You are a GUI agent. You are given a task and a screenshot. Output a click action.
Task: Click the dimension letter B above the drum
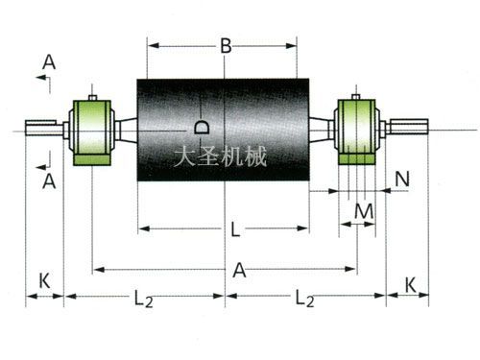(225, 45)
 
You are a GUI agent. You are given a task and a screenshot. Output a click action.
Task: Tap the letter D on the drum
(201, 127)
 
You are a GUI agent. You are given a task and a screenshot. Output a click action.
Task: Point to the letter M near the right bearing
(363, 209)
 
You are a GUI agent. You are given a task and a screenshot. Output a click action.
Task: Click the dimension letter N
(402, 179)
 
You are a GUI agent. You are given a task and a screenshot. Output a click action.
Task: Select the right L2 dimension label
(305, 300)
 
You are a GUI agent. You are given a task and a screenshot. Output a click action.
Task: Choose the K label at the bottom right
(410, 285)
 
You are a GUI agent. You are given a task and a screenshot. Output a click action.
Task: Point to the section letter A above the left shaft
(49, 62)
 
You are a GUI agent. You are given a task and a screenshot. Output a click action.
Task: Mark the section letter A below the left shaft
(49, 180)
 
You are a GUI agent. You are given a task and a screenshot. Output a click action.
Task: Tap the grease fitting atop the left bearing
(92, 95)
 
